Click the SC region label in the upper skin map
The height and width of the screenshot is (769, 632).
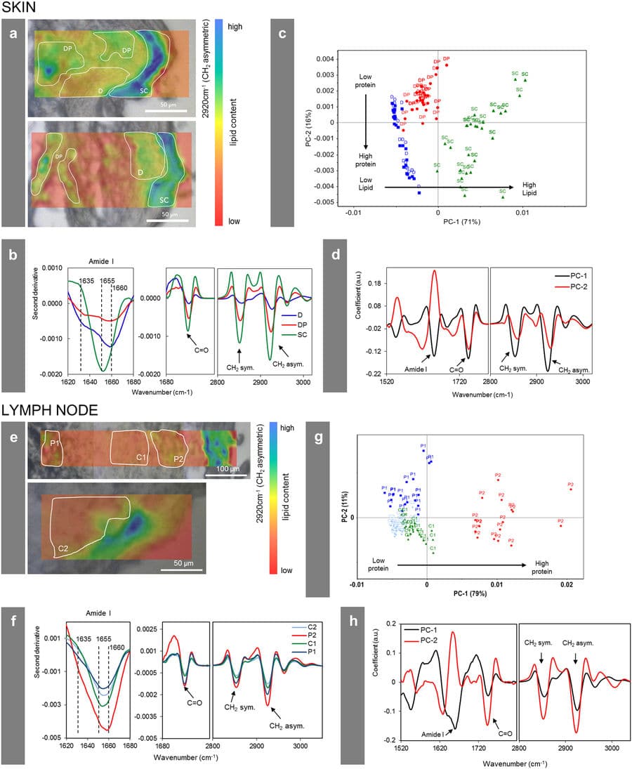click(144, 91)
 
